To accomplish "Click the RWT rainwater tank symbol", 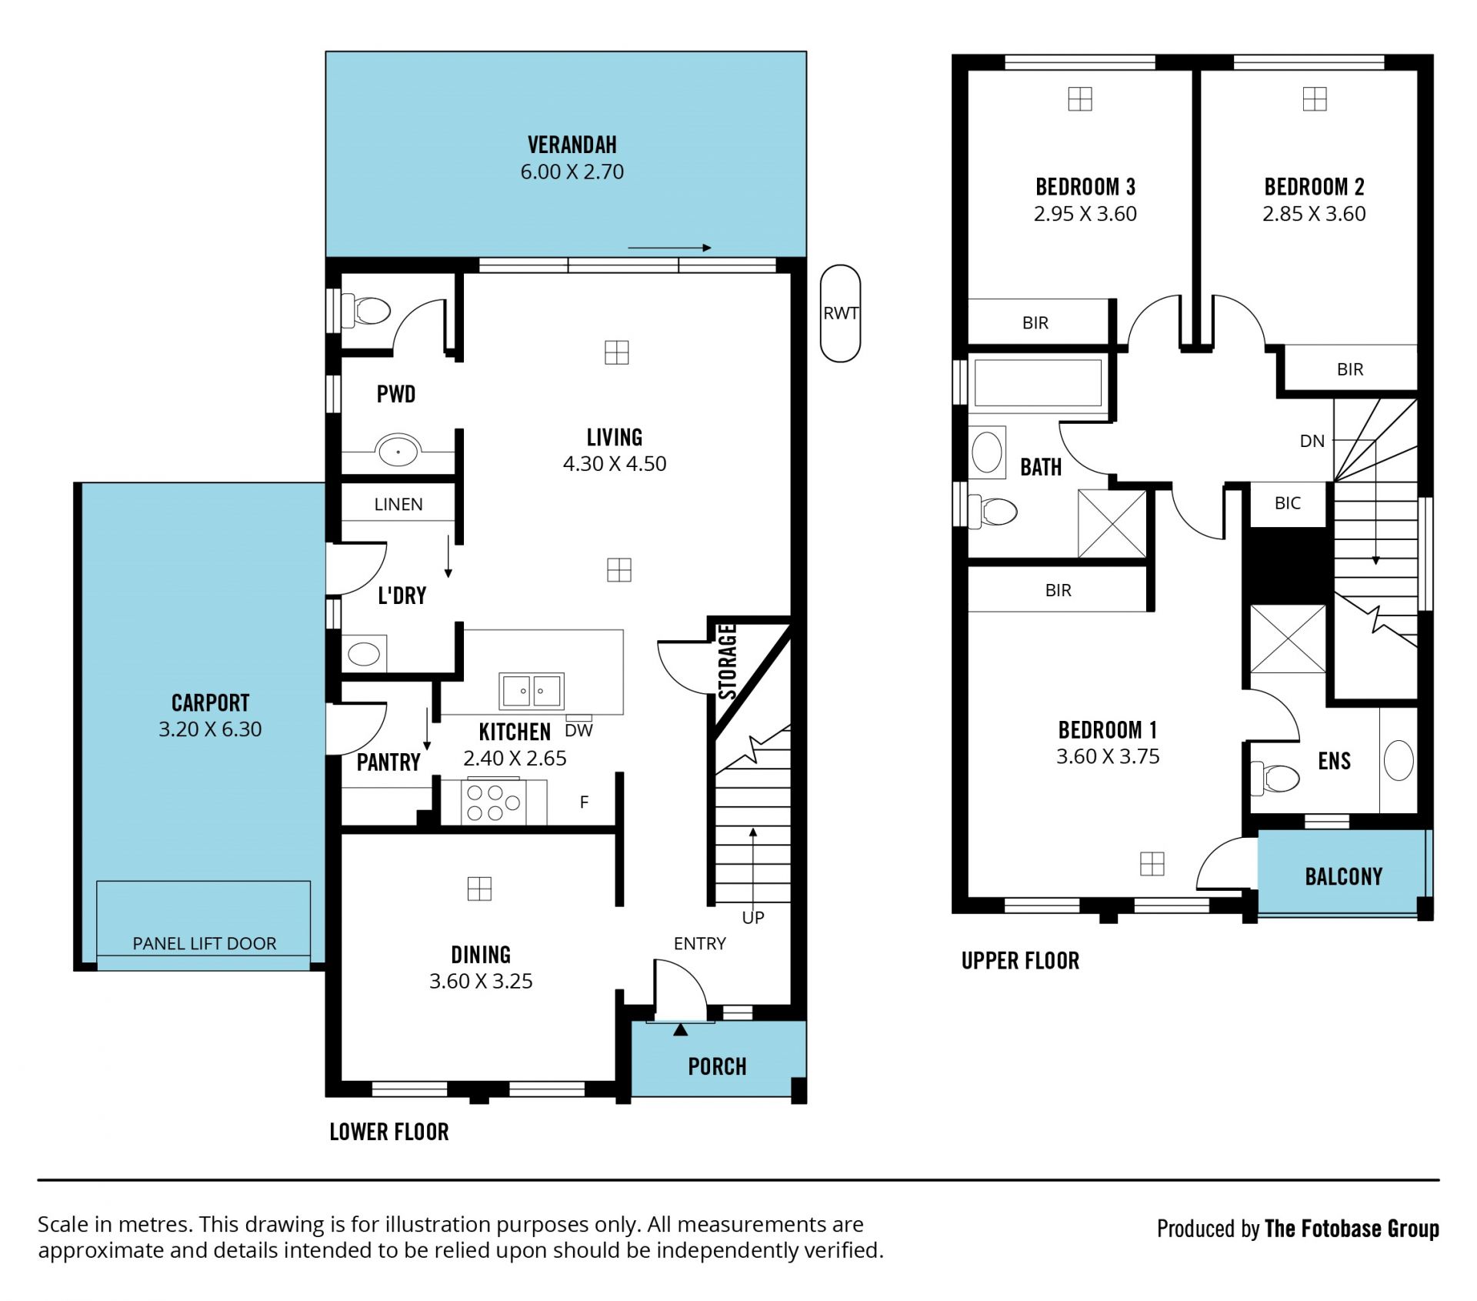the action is (840, 313).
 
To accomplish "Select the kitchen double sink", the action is (531, 691).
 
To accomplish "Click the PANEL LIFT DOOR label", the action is (204, 943).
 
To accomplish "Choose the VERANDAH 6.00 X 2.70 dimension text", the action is (572, 172).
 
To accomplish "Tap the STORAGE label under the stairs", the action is (728, 662).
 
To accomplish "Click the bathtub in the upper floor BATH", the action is (1038, 382).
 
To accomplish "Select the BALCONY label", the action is (1343, 876).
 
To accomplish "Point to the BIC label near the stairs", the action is (1287, 503).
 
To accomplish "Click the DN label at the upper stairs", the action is (1312, 441).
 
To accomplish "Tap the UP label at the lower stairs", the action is (753, 917).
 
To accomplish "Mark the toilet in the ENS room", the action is (1275, 778).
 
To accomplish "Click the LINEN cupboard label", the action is (398, 504).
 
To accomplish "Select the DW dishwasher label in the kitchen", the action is (578, 730).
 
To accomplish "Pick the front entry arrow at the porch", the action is (680, 1029).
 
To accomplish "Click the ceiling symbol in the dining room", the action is (479, 889).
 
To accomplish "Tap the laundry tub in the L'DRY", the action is (364, 654).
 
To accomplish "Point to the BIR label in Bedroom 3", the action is (1035, 323).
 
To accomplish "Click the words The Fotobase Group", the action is (1352, 1229).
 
